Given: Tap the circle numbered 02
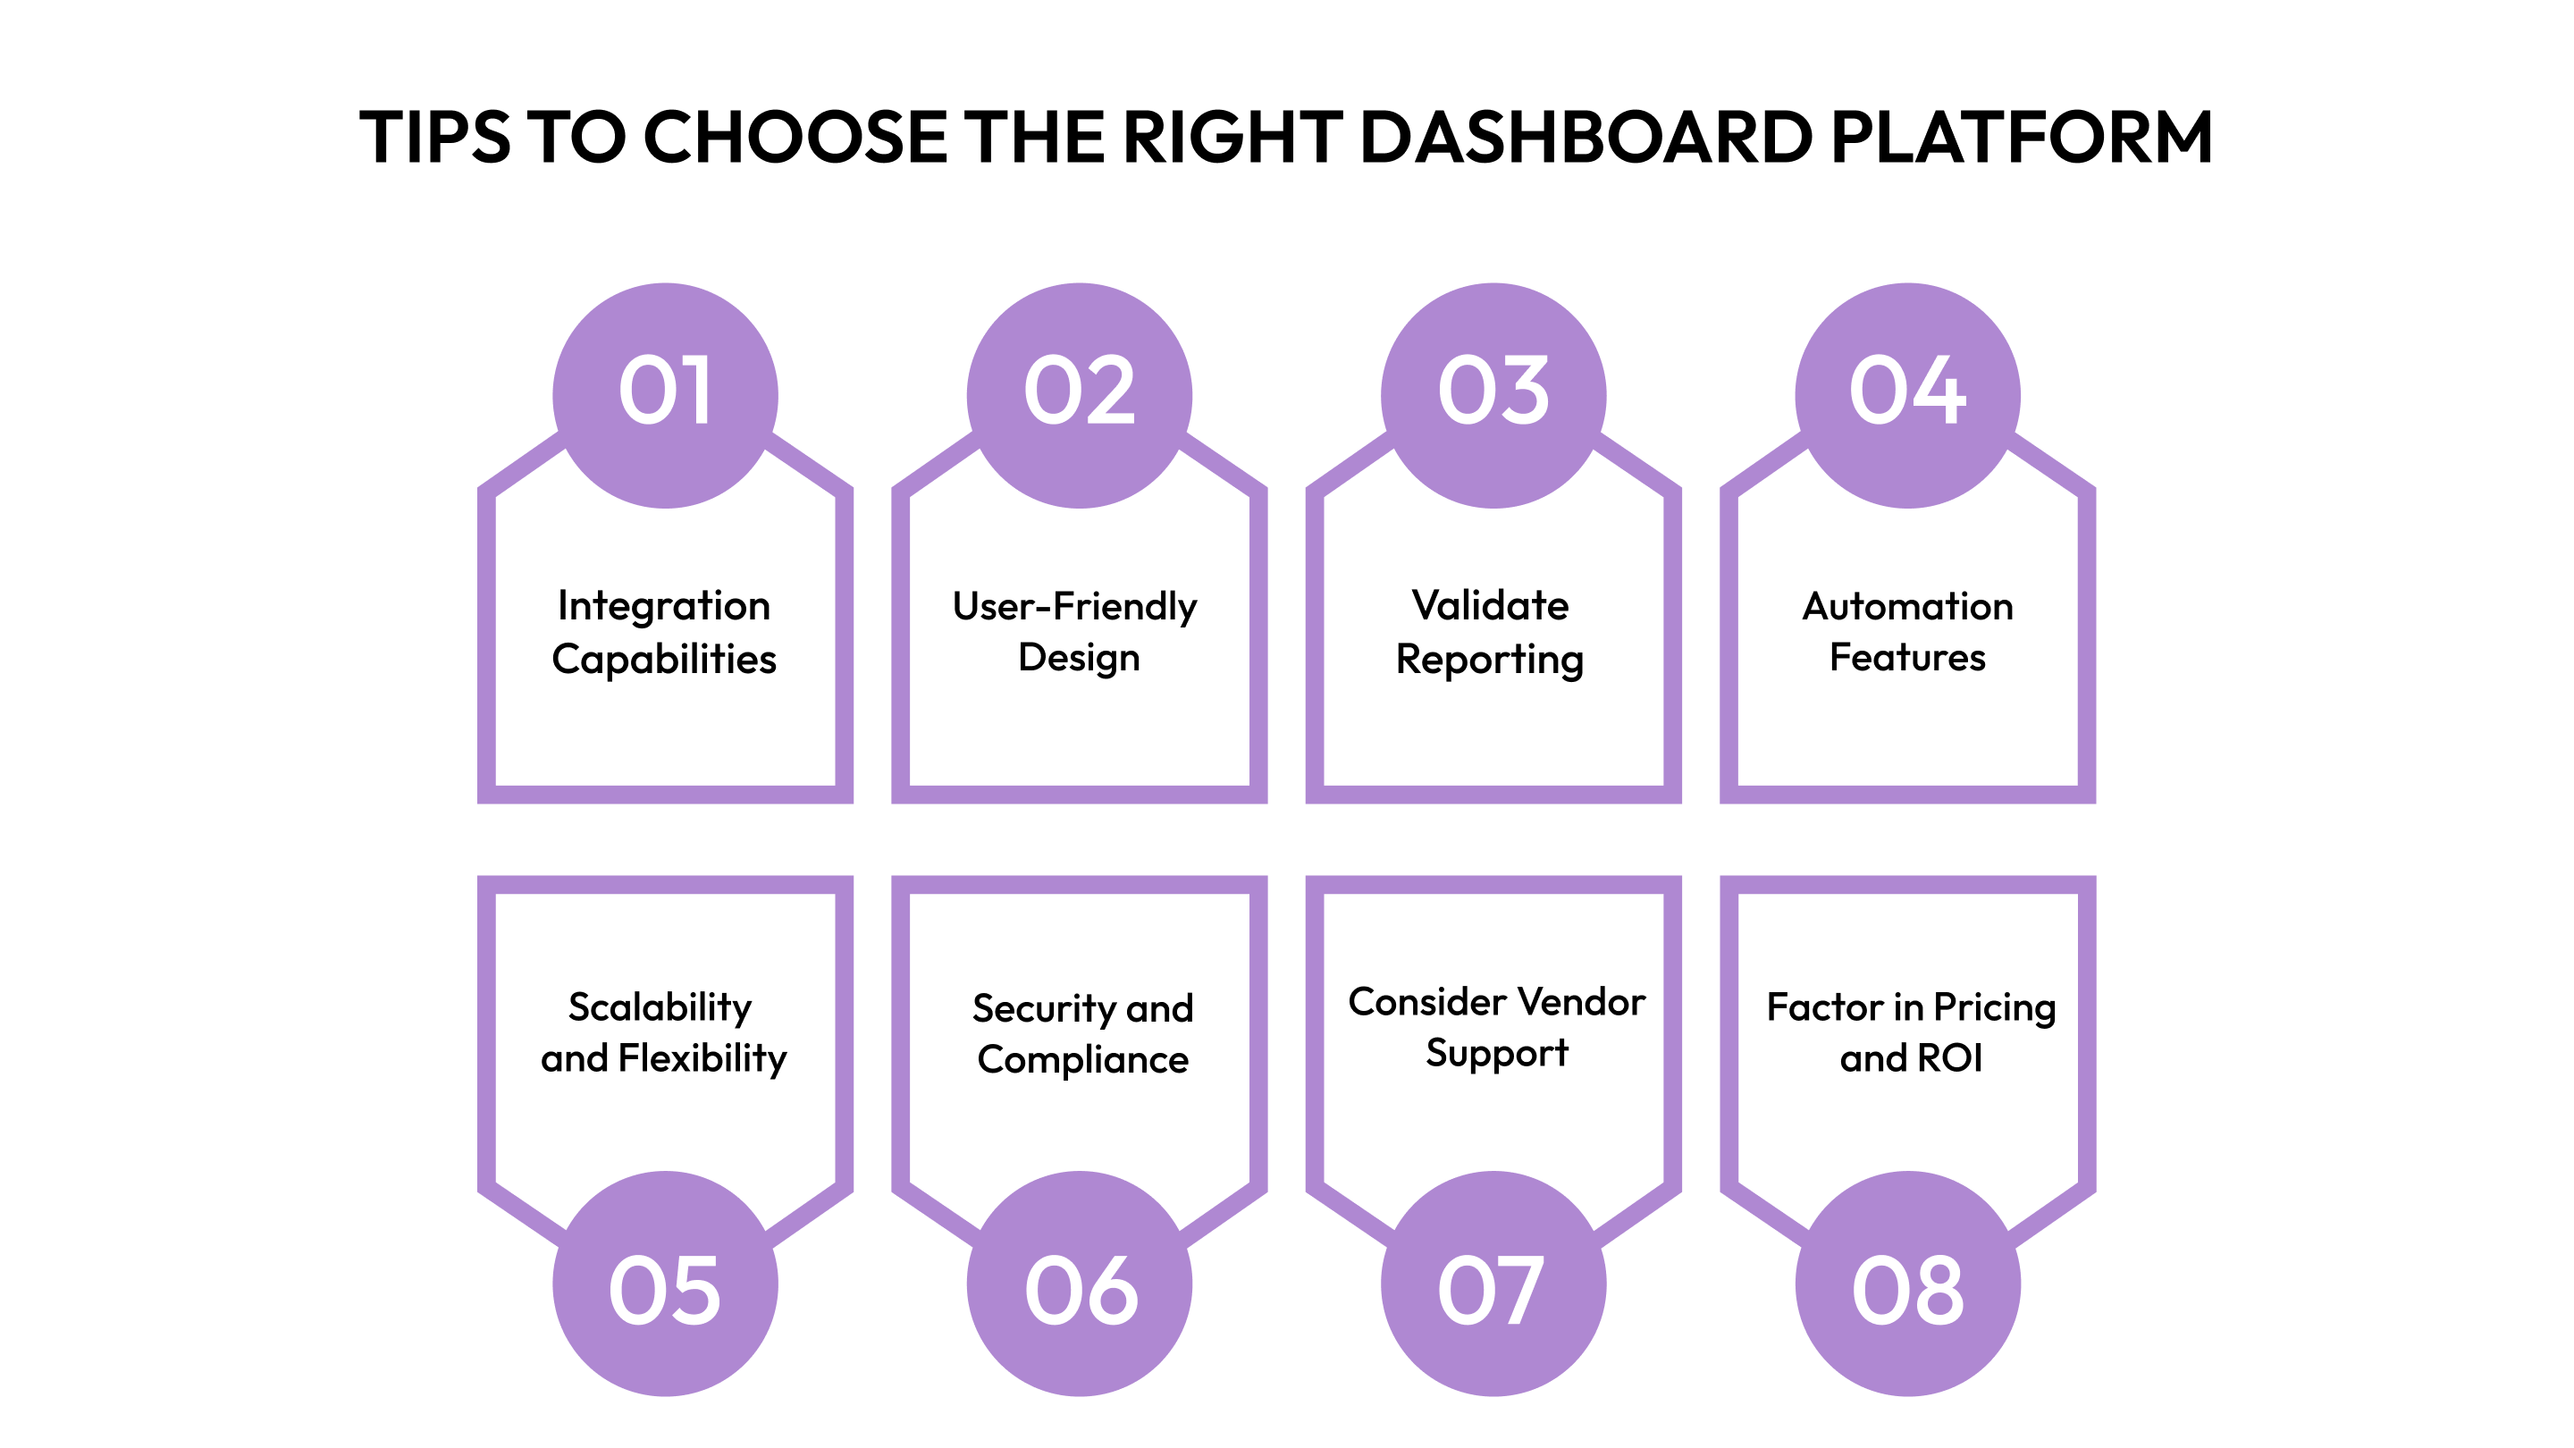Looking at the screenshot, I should (1079, 395).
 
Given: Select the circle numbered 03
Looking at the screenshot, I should (1493, 395).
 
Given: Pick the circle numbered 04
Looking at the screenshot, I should (1907, 395).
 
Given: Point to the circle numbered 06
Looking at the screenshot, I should (1079, 1284).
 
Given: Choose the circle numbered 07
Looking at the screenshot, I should (1493, 1284).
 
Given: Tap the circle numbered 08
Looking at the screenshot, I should (1907, 1284).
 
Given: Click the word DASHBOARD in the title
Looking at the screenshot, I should (1585, 137).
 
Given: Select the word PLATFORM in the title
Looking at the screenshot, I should (2022, 137).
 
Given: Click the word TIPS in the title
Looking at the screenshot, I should (434, 137).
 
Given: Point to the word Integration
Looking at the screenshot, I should (663, 606).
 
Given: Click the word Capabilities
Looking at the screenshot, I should (663, 660).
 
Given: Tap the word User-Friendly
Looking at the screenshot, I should (1074, 606).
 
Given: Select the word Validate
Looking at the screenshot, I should (1490, 606).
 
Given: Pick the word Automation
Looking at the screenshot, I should (1906, 606).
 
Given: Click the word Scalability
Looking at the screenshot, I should (660, 1007).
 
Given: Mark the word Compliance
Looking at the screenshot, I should (1082, 1059).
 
